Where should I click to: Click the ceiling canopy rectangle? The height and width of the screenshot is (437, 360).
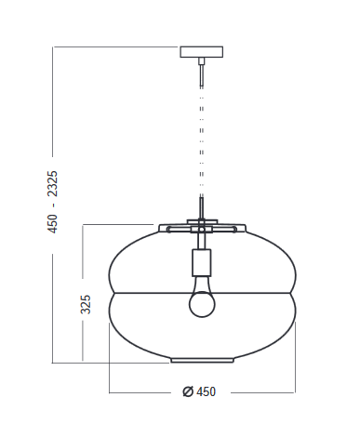click(x=202, y=52)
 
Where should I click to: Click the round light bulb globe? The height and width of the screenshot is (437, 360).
click(x=202, y=304)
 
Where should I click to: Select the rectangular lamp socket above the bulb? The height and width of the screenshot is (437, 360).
click(x=202, y=262)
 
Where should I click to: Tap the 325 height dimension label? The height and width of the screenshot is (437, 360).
click(x=86, y=304)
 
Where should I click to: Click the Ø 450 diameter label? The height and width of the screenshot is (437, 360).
click(x=199, y=391)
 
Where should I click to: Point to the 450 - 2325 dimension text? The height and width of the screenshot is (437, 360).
click(x=52, y=202)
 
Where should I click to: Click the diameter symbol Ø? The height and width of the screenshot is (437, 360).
click(x=188, y=391)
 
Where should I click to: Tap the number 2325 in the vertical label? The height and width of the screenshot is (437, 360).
click(x=52, y=183)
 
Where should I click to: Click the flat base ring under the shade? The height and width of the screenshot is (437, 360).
click(x=202, y=360)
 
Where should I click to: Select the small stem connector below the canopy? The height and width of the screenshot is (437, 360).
click(x=202, y=60)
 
